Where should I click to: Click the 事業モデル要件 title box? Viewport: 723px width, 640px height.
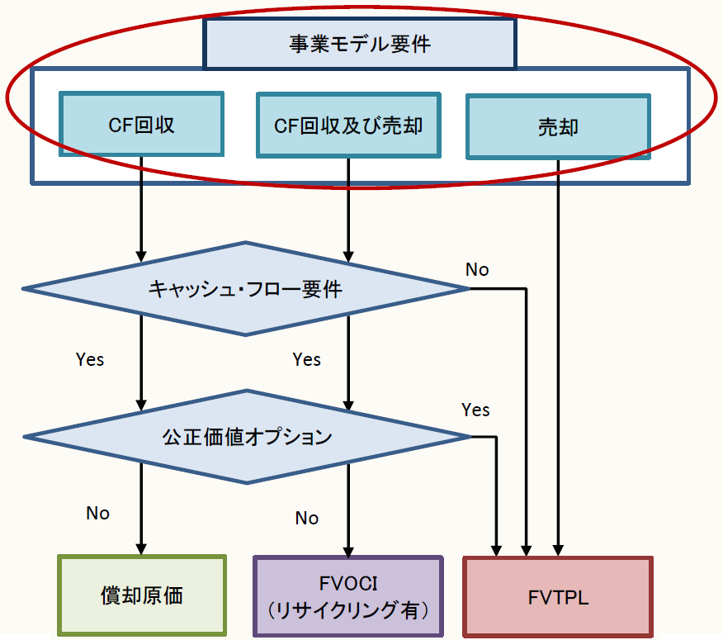click(360, 43)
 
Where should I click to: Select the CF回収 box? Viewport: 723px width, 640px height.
click(142, 125)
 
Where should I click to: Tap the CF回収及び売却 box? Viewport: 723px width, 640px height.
click(348, 125)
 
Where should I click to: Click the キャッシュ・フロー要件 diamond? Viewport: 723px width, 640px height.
click(245, 289)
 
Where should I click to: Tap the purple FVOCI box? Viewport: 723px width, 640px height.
click(348, 596)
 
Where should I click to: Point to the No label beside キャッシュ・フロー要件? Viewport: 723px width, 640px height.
click(477, 269)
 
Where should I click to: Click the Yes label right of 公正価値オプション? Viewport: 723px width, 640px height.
click(475, 410)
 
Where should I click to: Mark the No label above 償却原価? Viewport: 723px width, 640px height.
click(97, 513)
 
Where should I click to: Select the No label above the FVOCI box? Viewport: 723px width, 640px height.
click(306, 518)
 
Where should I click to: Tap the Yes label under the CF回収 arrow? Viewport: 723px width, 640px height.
click(90, 360)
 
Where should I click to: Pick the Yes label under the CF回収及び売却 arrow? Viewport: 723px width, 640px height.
click(306, 360)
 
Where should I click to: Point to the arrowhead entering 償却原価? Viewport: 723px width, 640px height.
click(142, 548)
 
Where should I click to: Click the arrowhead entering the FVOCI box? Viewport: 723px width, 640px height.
click(348, 548)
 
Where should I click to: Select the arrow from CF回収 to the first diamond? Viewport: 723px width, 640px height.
click(142, 206)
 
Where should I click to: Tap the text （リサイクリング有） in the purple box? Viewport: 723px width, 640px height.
click(348, 611)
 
